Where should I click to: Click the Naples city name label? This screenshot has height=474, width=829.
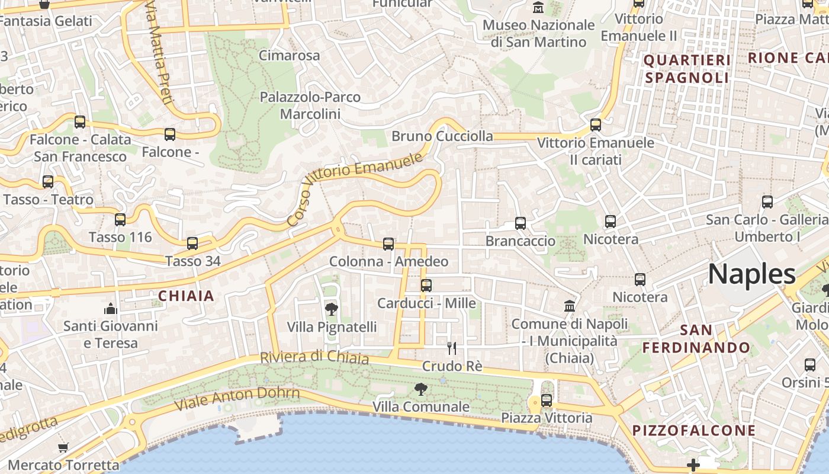pos(752,274)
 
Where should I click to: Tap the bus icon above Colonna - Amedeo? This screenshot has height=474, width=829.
pos(388,244)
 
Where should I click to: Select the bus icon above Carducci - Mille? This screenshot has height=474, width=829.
pos(426,286)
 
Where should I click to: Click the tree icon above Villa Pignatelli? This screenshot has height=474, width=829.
pos(332,309)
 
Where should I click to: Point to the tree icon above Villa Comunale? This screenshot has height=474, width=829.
pos(421,389)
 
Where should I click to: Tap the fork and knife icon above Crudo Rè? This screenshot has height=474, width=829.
pos(452,348)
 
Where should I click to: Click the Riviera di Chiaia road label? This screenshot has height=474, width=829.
pos(314,358)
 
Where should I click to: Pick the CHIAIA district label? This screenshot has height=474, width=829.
pos(186,296)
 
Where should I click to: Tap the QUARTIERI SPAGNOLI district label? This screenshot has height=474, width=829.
pos(687,69)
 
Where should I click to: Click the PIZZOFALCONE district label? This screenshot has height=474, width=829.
pos(694,430)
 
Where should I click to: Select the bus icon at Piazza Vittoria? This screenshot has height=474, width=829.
pos(547,401)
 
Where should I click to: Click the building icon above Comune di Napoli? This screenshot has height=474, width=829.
pos(570,306)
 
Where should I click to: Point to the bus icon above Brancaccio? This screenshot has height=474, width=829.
pos(520,223)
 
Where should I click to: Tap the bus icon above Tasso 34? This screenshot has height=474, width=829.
pos(192,244)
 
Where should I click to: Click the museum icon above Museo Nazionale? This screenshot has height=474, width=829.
pos(539,8)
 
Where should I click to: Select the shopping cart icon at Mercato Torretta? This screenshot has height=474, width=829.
pos(63,447)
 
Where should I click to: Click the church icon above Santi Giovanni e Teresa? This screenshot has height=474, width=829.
pos(111,309)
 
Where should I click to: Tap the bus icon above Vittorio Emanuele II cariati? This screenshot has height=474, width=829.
pos(596,125)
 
